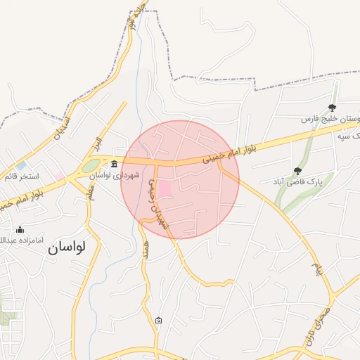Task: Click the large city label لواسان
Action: click(66, 247)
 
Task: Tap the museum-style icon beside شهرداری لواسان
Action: click(115, 165)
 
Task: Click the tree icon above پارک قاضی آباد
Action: click(298, 170)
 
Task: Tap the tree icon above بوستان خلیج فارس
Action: click(332, 108)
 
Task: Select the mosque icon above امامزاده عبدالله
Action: click(20, 230)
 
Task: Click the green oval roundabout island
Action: click(91, 166)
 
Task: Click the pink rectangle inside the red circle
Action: click(165, 190)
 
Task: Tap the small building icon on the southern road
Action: click(158, 321)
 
